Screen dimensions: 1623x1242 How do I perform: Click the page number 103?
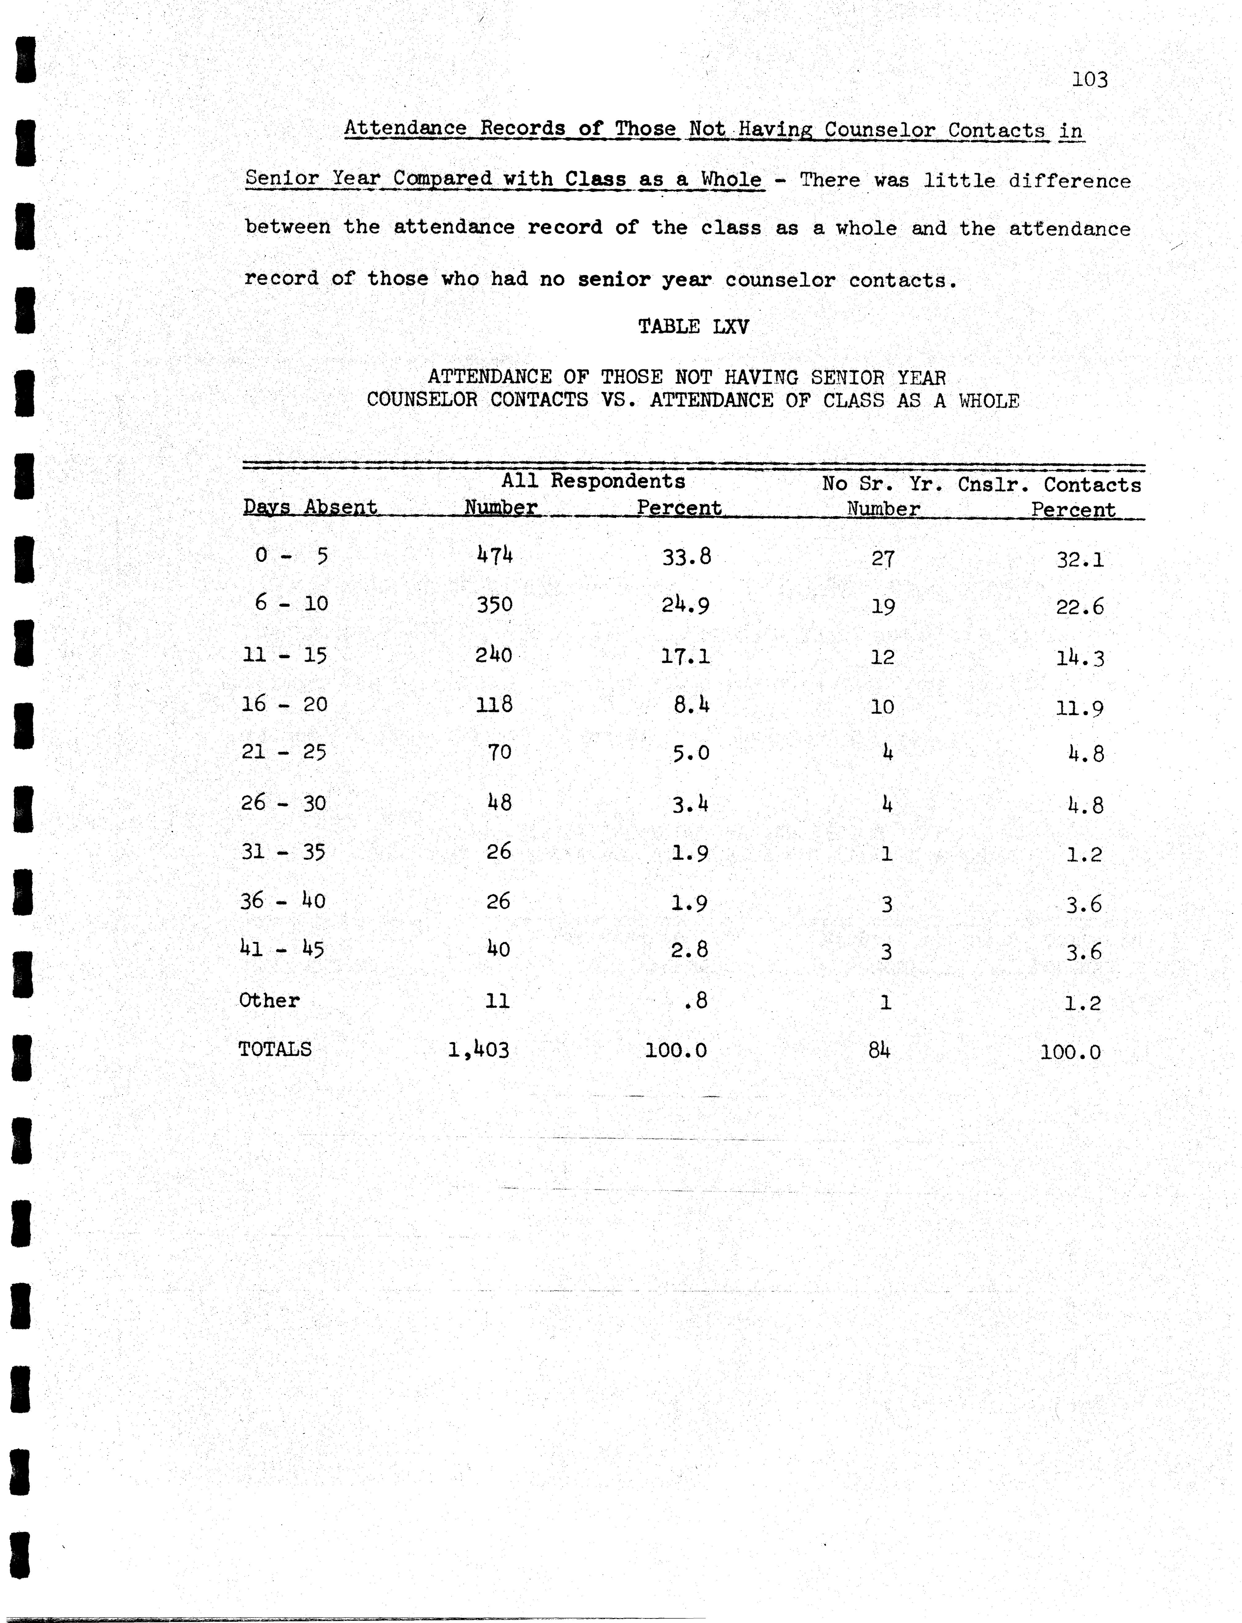pos(1090,79)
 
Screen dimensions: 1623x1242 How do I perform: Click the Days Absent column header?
pos(311,507)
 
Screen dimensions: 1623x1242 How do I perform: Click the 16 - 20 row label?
pos(285,704)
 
